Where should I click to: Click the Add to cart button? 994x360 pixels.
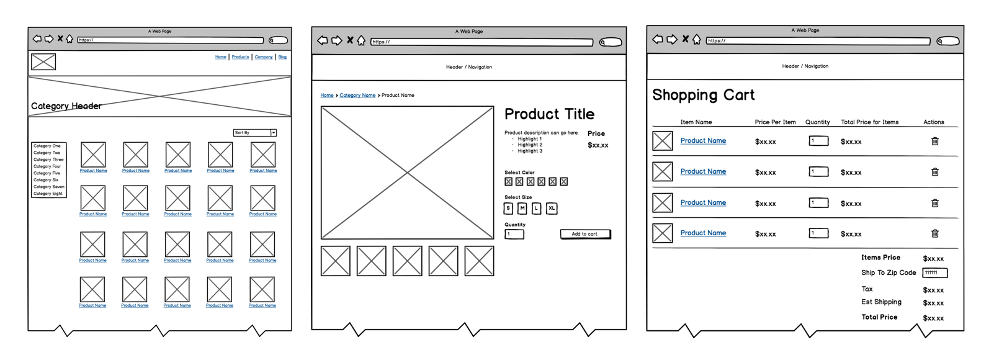click(584, 234)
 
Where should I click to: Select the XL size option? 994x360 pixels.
click(551, 209)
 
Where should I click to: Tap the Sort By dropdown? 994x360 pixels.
click(255, 133)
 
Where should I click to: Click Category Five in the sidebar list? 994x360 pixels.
click(47, 173)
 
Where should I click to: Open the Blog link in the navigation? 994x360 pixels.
click(282, 57)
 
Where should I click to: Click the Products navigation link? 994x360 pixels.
click(240, 57)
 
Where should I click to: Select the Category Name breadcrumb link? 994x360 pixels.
click(357, 96)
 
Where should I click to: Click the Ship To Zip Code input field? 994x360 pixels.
click(934, 272)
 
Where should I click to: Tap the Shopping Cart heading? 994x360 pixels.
click(703, 95)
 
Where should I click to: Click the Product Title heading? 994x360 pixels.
click(549, 114)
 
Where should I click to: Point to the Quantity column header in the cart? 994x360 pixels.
click(817, 122)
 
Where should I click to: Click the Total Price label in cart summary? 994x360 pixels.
click(879, 317)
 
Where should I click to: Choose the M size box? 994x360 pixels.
click(522, 209)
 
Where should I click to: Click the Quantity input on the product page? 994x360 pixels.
click(514, 234)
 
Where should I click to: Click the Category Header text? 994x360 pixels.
click(66, 106)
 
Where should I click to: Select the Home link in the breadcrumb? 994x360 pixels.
click(327, 96)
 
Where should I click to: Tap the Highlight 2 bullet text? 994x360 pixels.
click(530, 145)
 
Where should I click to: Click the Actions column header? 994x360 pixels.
click(933, 122)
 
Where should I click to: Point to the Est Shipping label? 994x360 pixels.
click(881, 302)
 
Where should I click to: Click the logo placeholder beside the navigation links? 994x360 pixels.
click(43, 61)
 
